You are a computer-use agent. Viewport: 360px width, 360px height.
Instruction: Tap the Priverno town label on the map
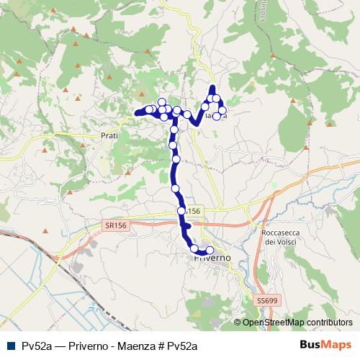point(212,257)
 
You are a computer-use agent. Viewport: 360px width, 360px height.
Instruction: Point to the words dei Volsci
point(281,243)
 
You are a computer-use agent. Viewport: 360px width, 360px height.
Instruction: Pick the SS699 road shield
point(266,299)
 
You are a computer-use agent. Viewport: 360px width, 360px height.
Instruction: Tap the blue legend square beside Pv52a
point(9,346)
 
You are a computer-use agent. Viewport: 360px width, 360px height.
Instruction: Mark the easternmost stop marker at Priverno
point(210,251)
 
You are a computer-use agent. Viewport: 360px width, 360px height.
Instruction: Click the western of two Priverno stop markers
point(194,248)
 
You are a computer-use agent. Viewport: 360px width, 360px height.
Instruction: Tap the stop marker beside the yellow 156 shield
point(181,211)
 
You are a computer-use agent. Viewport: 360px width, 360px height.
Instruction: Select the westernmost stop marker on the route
point(149,109)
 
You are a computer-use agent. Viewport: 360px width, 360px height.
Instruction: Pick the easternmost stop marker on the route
point(222,109)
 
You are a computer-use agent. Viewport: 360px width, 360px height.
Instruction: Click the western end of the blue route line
point(136,112)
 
